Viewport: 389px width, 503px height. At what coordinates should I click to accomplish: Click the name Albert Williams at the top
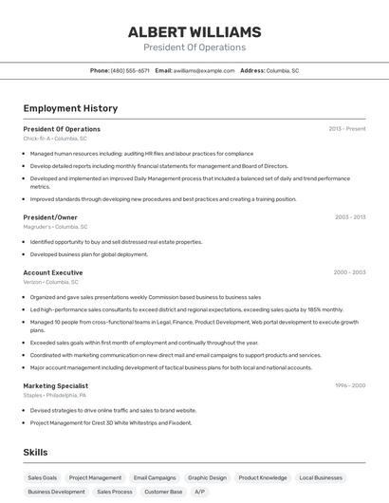coord(194,32)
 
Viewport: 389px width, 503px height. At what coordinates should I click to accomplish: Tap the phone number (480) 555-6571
coord(130,70)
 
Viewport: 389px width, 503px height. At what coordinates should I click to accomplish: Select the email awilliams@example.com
coord(204,70)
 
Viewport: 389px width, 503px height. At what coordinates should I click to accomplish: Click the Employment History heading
coord(70,109)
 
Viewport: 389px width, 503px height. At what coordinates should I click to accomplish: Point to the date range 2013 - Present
coord(347,129)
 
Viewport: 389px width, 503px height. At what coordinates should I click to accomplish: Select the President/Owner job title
coord(50,217)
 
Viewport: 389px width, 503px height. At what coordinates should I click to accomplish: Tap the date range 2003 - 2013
coord(350,217)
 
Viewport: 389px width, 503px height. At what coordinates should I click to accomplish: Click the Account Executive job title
coord(53,272)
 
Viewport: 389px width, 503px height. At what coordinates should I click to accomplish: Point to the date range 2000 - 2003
coord(349,272)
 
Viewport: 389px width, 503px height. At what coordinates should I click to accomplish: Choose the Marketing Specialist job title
coord(56,385)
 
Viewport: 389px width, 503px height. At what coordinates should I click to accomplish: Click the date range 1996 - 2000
coord(349,385)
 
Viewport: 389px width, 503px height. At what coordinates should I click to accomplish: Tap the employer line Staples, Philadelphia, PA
coord(55,395)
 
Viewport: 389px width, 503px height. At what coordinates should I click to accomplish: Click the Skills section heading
coord(35,453)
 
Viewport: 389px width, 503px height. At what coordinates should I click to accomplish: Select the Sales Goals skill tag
coord(42,477)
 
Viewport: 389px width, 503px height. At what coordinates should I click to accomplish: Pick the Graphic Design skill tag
coord(207,477)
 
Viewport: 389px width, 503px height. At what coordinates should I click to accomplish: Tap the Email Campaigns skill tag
coord(155,477)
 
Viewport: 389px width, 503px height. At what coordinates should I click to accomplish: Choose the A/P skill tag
coord(199,492)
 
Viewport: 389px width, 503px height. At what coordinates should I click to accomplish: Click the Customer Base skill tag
coord(163,492)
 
